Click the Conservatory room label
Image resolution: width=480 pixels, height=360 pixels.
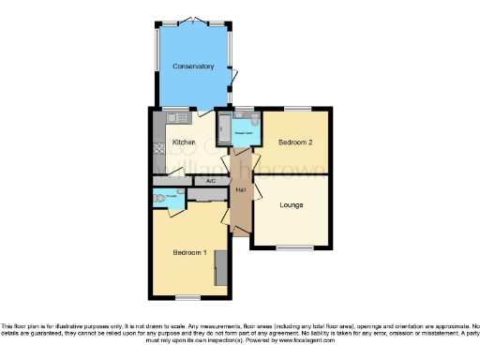193,67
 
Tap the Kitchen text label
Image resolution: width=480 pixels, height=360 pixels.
184,142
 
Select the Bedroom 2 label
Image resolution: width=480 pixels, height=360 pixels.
295,142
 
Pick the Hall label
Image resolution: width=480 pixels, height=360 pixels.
240,190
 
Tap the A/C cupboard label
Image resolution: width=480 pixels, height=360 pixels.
211,180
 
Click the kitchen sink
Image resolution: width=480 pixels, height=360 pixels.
173,118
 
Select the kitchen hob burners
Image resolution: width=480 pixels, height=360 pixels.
158,148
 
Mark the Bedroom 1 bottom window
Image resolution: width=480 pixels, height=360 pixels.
188,298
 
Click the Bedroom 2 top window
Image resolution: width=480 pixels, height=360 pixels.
298,109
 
